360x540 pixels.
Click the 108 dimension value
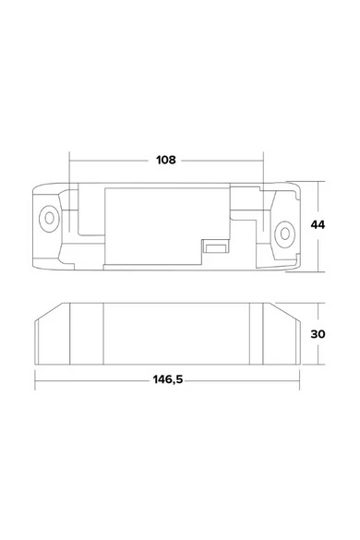[166, 160]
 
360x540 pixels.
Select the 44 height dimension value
[318, 225]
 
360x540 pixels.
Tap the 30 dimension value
[318, 334]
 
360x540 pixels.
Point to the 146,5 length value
[168, 380]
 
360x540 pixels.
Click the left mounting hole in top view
[49, 219]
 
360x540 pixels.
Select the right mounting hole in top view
[284, 234]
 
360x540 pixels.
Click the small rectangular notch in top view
[215, 247]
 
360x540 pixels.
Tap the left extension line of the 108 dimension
[69, 191]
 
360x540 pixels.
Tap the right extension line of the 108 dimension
[264, 191]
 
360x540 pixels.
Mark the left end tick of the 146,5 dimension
[35, 380]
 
